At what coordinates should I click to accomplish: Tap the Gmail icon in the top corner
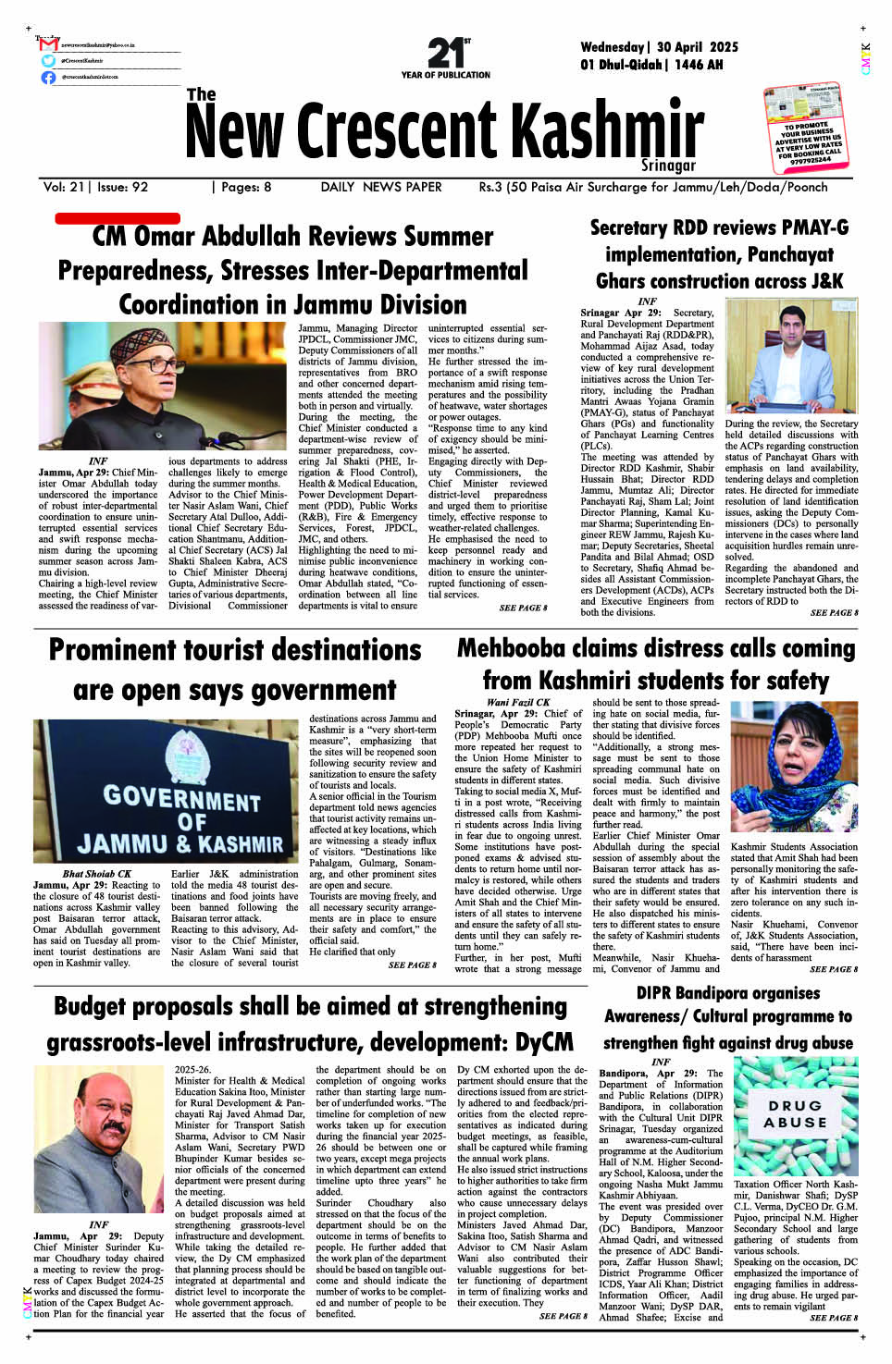pyautogui.click(x=49, y=44)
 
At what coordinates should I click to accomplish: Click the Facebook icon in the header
pyautogui.click(x=49, y=78)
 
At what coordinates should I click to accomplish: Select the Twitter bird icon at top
pyautogui.click(x=49, y=61)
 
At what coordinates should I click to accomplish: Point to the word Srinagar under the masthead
pyautogui.click(x=668, y=166)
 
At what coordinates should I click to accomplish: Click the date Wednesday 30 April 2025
pyautogui.click(x=659, y=47)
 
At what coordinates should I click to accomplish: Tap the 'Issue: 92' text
pyautogui.click(x=122, y=187)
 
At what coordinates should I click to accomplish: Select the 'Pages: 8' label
pyautogui.click(x=242, y=187)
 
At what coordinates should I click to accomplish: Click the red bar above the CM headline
pyautogui.click(x=118, y=219)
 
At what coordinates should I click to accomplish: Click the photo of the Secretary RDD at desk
pyautogui.click(x=791, y=356)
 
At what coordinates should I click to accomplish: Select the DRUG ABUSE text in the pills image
pyautogui.click(x=795, y=1114)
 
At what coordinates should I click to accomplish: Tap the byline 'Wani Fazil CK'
pyautogui.click(x=518, y=702)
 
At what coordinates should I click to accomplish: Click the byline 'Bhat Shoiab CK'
pyautogui.click(x=97, y=873)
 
